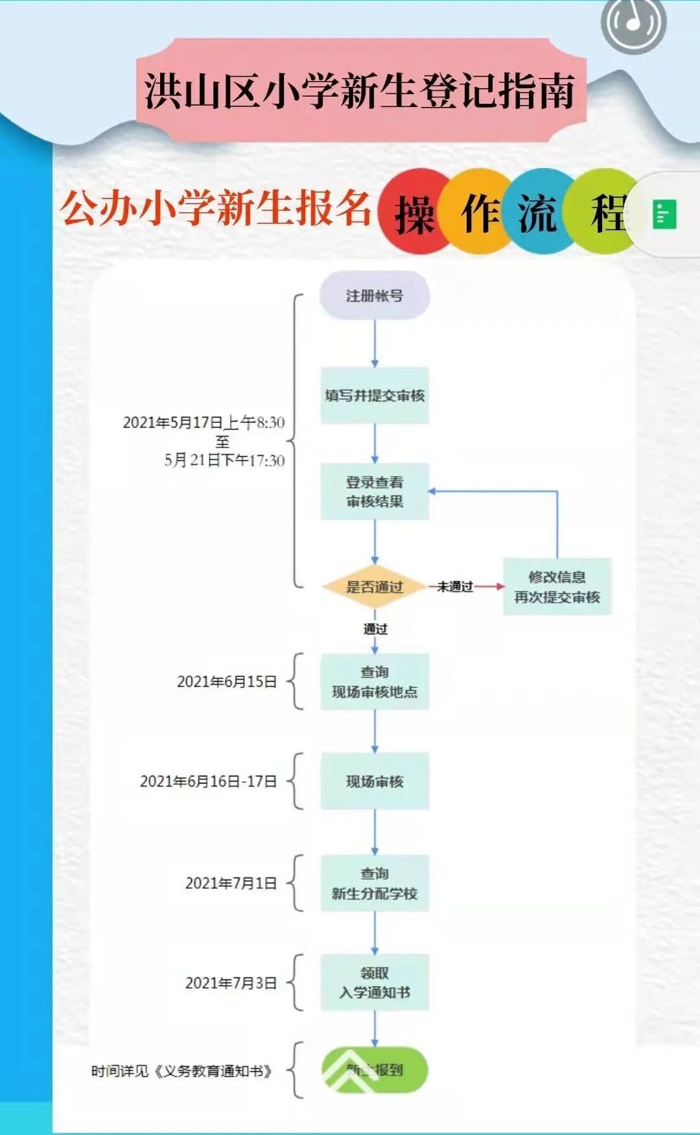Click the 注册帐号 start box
[x=375, y=296]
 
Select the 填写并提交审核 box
[x=375, y=396]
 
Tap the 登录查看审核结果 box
[x=375, y=492]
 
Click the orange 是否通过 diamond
[x=374, y=587]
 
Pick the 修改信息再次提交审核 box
[x=557, y=587]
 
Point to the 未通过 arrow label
[x=455, y=587]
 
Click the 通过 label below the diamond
[x=375, y=629]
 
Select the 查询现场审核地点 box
[x=375, y=682]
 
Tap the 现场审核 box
[x=375, y=782]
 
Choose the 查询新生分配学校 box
[x=375, y=883]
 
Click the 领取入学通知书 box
[x=375, y=983]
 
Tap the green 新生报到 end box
[x=375, y=1069]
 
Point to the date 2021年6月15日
[x=227, y=682]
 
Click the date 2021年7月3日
[x=231, y=983]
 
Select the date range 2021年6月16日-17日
[x=209, y=782]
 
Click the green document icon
[x=664, y=215]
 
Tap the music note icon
[x=633, y=23]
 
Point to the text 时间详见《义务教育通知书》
[x=181, y=1071]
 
